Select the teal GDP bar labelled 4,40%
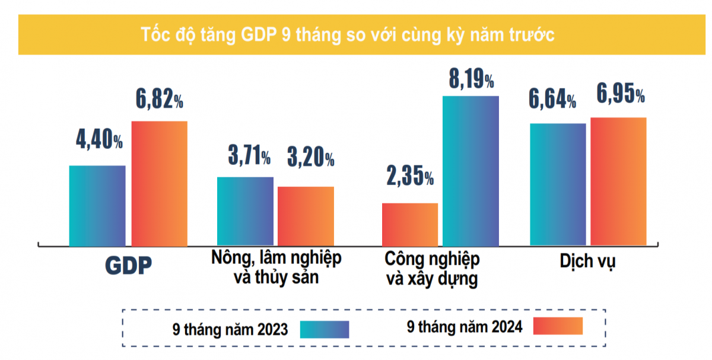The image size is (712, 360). [97, 205]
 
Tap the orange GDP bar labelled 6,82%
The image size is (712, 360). [159, 183]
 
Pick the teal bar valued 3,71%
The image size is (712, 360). [245, 211]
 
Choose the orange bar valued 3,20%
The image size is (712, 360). [306, 216]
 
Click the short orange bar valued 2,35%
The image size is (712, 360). [410, 224]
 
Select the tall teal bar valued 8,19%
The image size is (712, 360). [471, 170]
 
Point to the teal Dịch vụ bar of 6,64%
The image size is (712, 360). [558, 184]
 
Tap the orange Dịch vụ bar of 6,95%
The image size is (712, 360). [618, 181]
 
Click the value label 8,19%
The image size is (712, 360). [471, 79]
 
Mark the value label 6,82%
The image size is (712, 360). [159, 100]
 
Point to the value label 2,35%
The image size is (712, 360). [410, 176]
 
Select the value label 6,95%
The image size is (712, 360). [621, 94]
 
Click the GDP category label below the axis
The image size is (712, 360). [128, 266]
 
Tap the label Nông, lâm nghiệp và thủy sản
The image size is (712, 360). [276, 267]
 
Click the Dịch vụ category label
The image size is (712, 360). [587, 261]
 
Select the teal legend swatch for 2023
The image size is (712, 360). [325, 329]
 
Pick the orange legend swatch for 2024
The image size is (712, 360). [558, 326]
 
